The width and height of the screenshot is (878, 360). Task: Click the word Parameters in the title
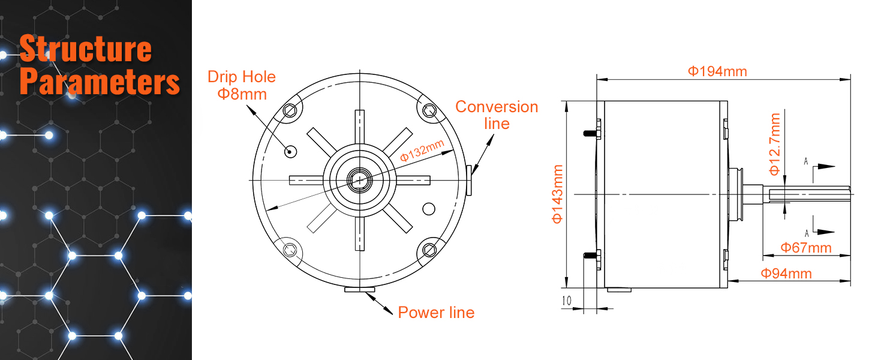(x=100, y=82)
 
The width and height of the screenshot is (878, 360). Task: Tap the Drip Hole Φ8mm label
(x=242, y=85)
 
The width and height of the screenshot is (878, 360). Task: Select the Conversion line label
(x=497, y=115)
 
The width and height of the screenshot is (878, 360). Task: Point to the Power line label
(x=436, y=313)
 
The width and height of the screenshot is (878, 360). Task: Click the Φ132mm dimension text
(x=422, y=151)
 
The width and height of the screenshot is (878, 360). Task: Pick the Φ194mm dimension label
(x=717, y=71)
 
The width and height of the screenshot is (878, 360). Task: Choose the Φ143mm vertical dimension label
(x=557, y=194)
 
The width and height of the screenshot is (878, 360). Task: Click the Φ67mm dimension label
(x=805, y=247)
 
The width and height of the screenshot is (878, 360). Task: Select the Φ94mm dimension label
(x=786, y=274)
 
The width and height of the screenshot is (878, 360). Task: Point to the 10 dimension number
(x=567, y=301)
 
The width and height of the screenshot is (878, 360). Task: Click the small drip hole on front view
(x=290, y=151)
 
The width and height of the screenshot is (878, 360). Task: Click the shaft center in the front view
(x=359, y=179)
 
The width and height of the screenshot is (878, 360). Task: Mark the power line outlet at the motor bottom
(x=359, y=290)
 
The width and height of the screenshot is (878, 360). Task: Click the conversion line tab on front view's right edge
(x=468, y=180)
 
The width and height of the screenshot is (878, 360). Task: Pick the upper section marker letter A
(x=806, y=161)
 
